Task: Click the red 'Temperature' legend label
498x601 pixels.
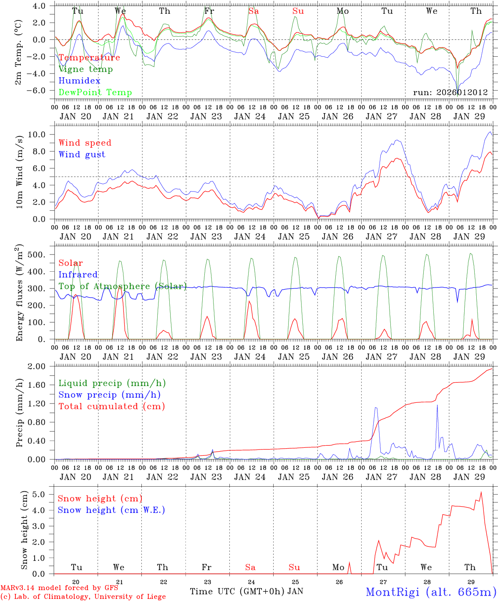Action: [89, 58]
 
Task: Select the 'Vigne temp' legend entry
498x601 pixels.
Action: [86, 69]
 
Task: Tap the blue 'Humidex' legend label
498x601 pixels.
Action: [79, 81]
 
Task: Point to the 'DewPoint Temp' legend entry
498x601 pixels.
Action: [95, 93]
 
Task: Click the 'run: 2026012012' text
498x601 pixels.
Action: [450, 93]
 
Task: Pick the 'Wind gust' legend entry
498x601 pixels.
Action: [82, 154]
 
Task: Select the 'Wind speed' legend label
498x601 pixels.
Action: [85, 143]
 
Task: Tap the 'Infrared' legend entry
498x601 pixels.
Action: [78, 275]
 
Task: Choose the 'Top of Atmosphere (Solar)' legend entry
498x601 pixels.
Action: [123, 286]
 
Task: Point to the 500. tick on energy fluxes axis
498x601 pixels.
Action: [41, 255]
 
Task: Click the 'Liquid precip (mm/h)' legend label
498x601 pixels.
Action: [112, 383]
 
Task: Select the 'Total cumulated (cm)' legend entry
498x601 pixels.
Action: [112, 407]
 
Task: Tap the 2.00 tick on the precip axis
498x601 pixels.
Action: [41, 366]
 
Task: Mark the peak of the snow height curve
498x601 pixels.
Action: [481, 492]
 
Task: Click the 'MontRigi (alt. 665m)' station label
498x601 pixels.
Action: [431, 592]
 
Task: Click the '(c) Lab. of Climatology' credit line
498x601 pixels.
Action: [83, 597]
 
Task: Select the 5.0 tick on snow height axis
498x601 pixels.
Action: [44, 494]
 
